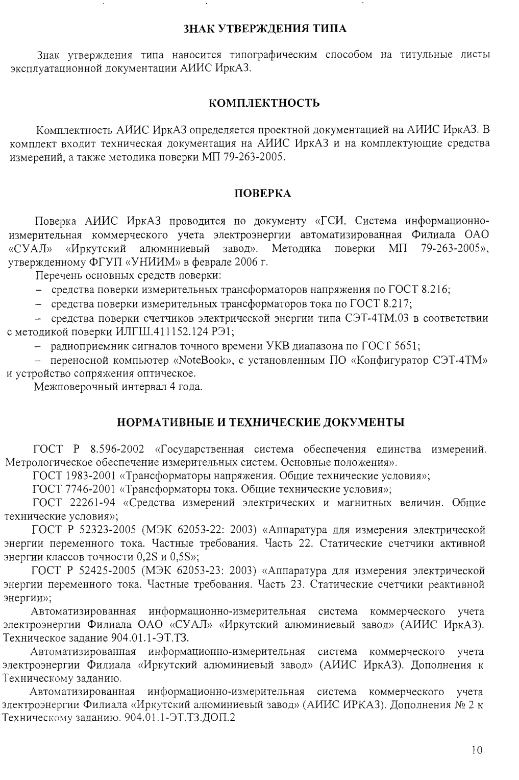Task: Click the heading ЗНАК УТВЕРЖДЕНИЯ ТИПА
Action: [265, 28]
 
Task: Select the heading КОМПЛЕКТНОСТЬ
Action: [265, 104]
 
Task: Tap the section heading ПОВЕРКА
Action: [262, 193]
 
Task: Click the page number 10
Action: [477, 750]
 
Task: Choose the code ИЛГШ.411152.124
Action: [159, 332]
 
